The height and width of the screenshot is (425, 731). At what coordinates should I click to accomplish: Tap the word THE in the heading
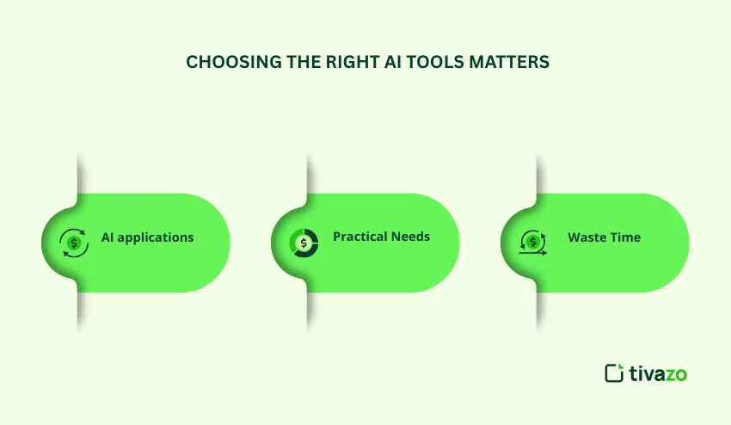(x=285, y=62)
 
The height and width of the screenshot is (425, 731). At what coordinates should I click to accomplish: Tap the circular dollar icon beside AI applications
(x=74, y=243)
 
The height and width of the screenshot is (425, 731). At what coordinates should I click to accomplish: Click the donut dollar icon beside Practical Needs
(x=304, y=243)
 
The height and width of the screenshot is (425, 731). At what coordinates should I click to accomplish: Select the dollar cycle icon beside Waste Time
(x=533, y=243)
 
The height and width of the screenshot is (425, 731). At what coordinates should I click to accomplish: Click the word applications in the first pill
(x=156, y=237)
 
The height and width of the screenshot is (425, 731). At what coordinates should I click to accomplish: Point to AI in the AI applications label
(x=108, y=237)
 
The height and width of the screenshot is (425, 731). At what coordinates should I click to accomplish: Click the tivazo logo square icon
(x=614, y=373)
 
